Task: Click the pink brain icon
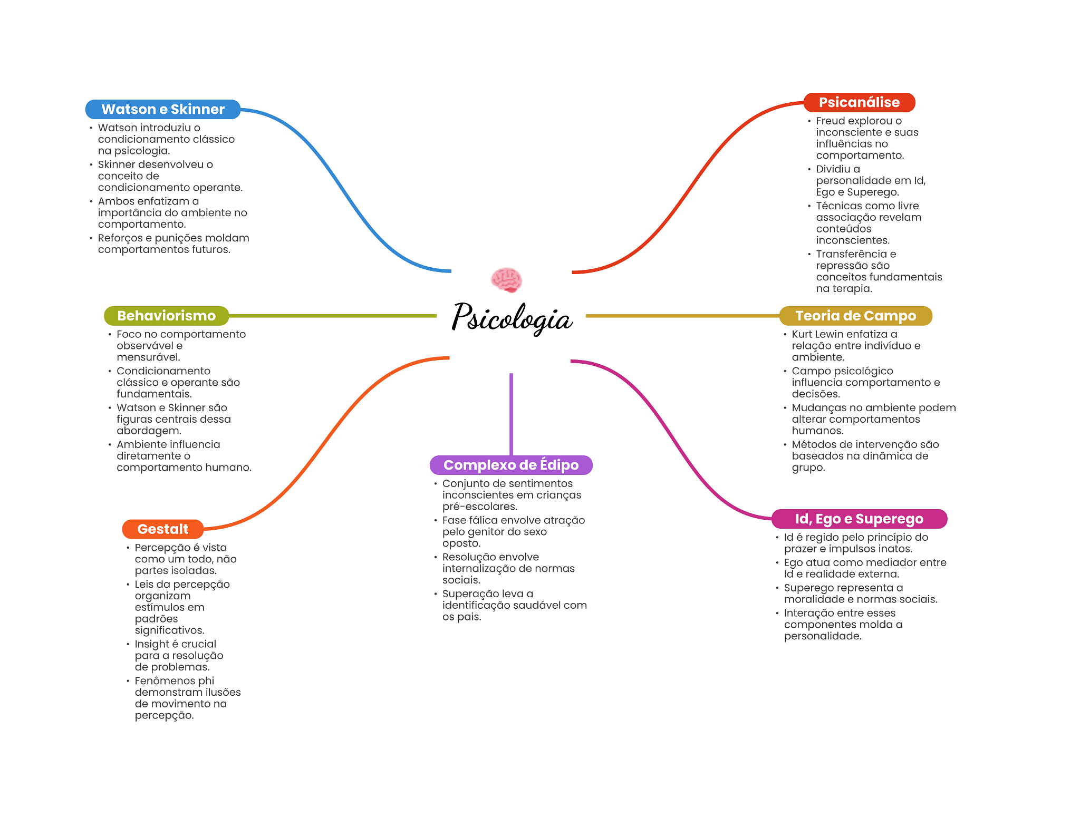point(506,280)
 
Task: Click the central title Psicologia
point(512,317)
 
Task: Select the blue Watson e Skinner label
point(163,109)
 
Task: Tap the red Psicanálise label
point(859,102)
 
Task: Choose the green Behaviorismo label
point(166,316)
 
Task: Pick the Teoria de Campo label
point(855,316)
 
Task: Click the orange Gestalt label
point(162,529)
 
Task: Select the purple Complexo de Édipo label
point(511,465)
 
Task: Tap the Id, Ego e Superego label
point(859,519)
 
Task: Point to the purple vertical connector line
point(511,414)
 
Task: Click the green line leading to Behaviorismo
point(332,316)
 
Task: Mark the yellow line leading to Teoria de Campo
point(682,316)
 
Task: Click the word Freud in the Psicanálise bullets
point(831,121)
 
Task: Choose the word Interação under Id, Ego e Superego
point(807,613)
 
